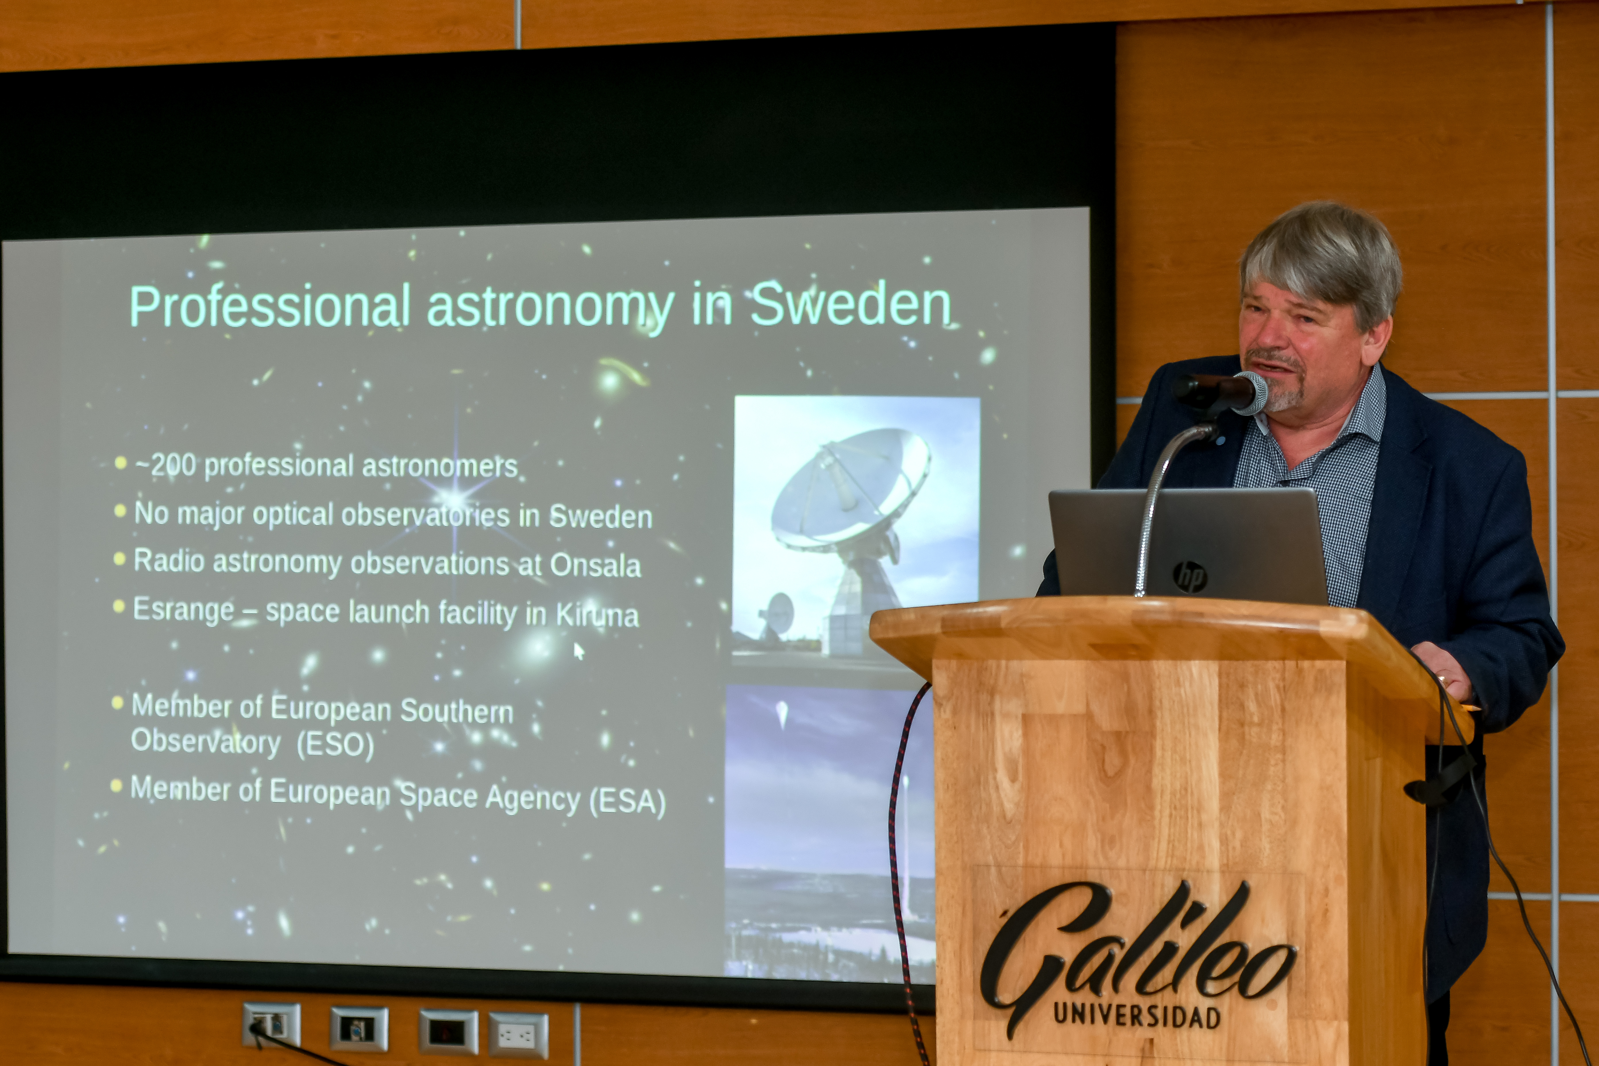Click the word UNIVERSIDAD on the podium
click(x=1137, y=1016)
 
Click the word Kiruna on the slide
click(x=597, y=615)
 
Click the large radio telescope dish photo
click(x=855, y=524)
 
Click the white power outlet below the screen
click(x=518, y=1035)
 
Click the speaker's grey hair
click(x=1319, y=258)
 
